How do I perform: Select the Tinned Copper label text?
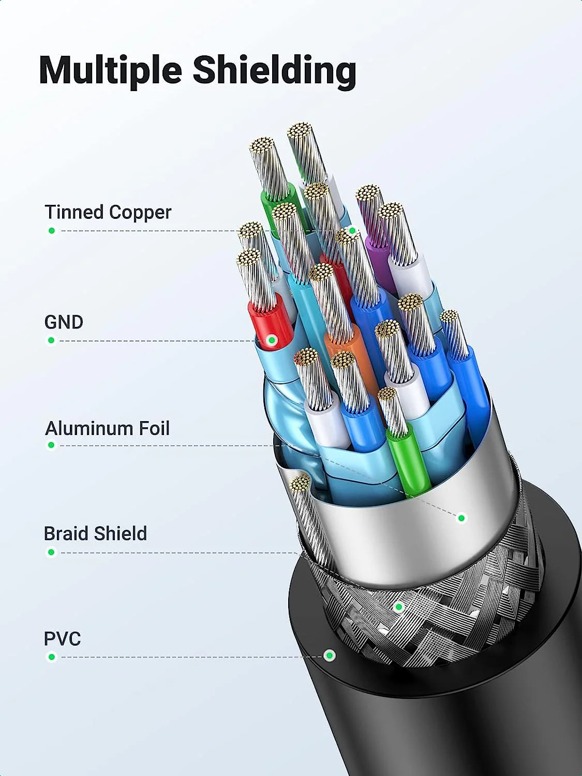point(108,213)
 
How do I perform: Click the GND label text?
point(64,322)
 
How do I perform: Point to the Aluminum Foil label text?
point(108,428)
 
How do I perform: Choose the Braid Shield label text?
point(95,533)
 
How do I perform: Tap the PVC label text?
point(63,638)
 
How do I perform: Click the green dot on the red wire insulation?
point(272,340)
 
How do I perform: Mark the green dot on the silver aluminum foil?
point(461,518)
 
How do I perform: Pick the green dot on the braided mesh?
point(399,607)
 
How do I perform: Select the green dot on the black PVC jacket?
point(330,655)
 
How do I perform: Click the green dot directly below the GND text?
point(51,340)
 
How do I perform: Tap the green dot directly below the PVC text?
point(52,657)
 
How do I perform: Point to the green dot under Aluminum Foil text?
point(51,445)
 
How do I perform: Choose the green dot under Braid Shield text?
point(51,552)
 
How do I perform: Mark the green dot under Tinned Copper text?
point(52,231)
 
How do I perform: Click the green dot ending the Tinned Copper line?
point(352,231)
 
